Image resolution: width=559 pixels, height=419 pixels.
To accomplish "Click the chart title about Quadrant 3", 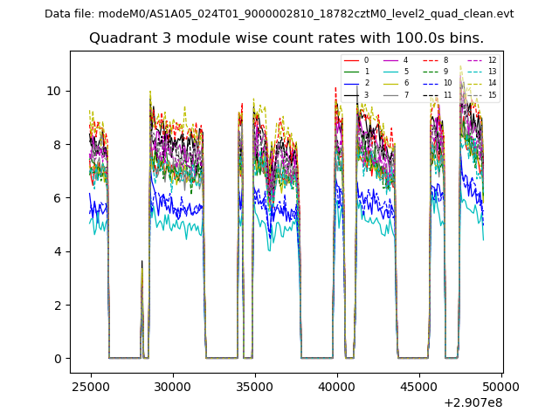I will click(286, 38).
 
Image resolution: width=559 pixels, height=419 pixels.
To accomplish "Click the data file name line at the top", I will click(279, 13).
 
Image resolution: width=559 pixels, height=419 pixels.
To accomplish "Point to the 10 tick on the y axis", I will click(54, 91).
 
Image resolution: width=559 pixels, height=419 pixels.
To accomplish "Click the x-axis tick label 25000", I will click(90, 386).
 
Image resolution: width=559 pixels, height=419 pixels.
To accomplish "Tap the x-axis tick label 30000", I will click(172, 386).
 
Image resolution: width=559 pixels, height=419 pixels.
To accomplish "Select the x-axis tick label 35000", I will click(254, 386).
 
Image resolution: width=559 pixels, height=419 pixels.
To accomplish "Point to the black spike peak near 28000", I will click(141, 260).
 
